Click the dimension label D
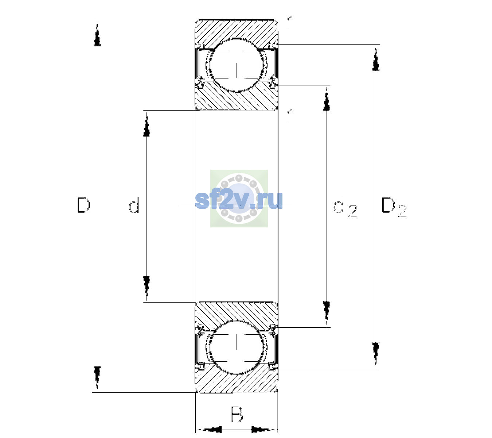[83, 205]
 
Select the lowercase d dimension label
[134, 205]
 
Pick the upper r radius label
[289, 22]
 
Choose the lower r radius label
[289, 115]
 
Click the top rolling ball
[237, 65]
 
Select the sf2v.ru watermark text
[239, 200]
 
